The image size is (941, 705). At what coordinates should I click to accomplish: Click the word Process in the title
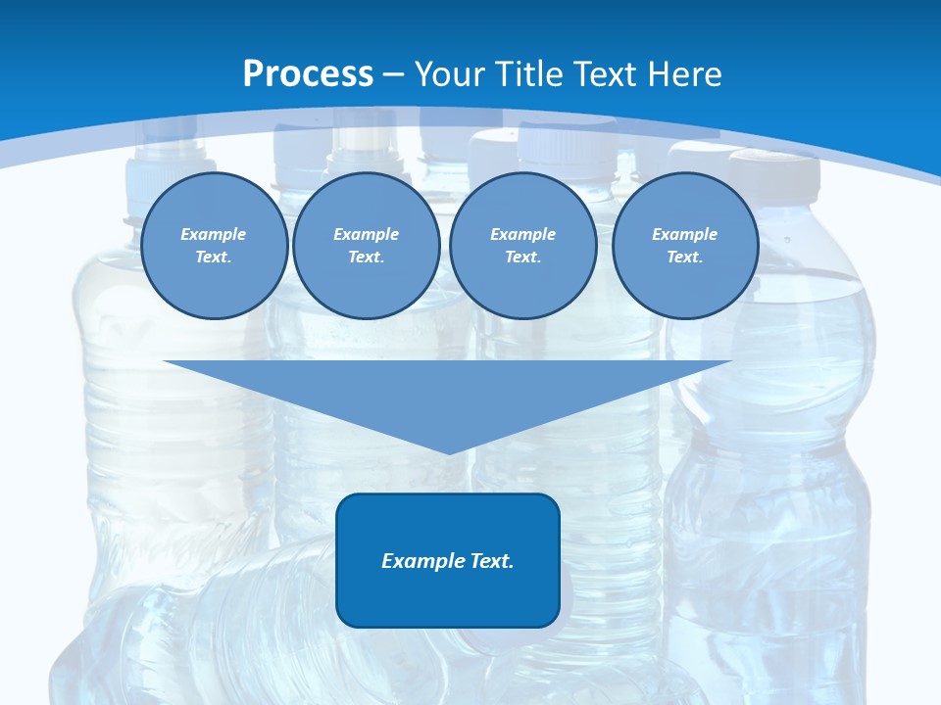coord(308,74)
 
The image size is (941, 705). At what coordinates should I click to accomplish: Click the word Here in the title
coord(684,74)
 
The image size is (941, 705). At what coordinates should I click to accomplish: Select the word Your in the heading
coord(447,74)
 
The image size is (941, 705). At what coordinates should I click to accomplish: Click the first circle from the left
coord(214,246)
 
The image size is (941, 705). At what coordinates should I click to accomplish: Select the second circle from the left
coord(366,246)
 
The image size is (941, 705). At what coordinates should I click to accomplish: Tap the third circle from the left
coord(522,246)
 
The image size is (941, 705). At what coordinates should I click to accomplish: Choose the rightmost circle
coord(684,246)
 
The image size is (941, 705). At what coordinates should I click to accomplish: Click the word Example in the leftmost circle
coord(214,234)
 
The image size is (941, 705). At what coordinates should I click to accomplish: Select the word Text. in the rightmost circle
coord(684,257)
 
